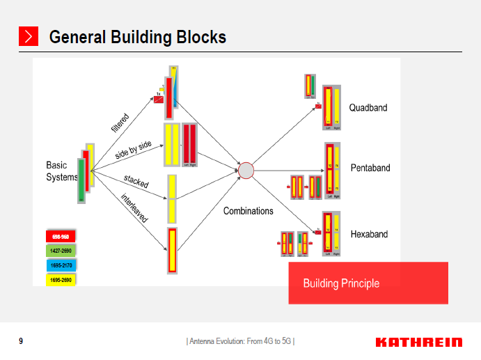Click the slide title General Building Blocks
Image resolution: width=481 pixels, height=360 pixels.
(x=137, y=37)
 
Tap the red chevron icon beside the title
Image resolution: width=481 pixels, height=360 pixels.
(x=28, y=37)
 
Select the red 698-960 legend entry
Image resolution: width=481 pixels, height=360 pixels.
(x=61, y=237)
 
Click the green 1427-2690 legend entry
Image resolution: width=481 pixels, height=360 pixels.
(x=61, y=251)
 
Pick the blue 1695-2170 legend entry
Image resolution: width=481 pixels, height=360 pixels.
(x=61, y=265)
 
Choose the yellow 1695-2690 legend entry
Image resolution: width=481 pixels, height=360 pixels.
(x=61, y=280)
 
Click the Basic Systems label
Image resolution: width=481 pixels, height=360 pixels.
(x=61, y=171)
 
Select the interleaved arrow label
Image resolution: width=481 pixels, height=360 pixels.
(x=134, y=208)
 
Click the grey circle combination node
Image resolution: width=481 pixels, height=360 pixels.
(x=246, y=170)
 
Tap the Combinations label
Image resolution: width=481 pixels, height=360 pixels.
(x=248, y=211)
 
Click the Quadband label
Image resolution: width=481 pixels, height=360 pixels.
(x=368, y=108)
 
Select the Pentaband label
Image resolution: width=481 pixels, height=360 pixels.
(x=370, y=168)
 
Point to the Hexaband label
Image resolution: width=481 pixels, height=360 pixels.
(x=369, y=234)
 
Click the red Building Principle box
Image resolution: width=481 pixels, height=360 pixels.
(x=368, y=283)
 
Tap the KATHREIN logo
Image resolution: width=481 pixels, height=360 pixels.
(x=418, y=342)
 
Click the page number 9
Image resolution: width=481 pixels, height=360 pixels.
(x=21, y=341)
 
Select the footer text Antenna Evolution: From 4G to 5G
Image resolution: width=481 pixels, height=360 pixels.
(x=240, y=341)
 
